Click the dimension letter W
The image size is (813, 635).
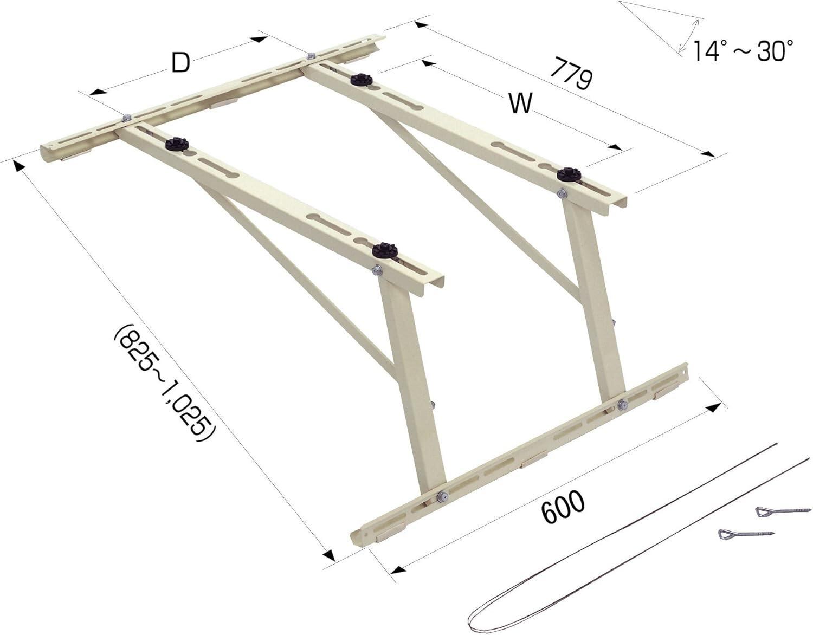pos(520,103)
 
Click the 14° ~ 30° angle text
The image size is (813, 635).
pos(743,51)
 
